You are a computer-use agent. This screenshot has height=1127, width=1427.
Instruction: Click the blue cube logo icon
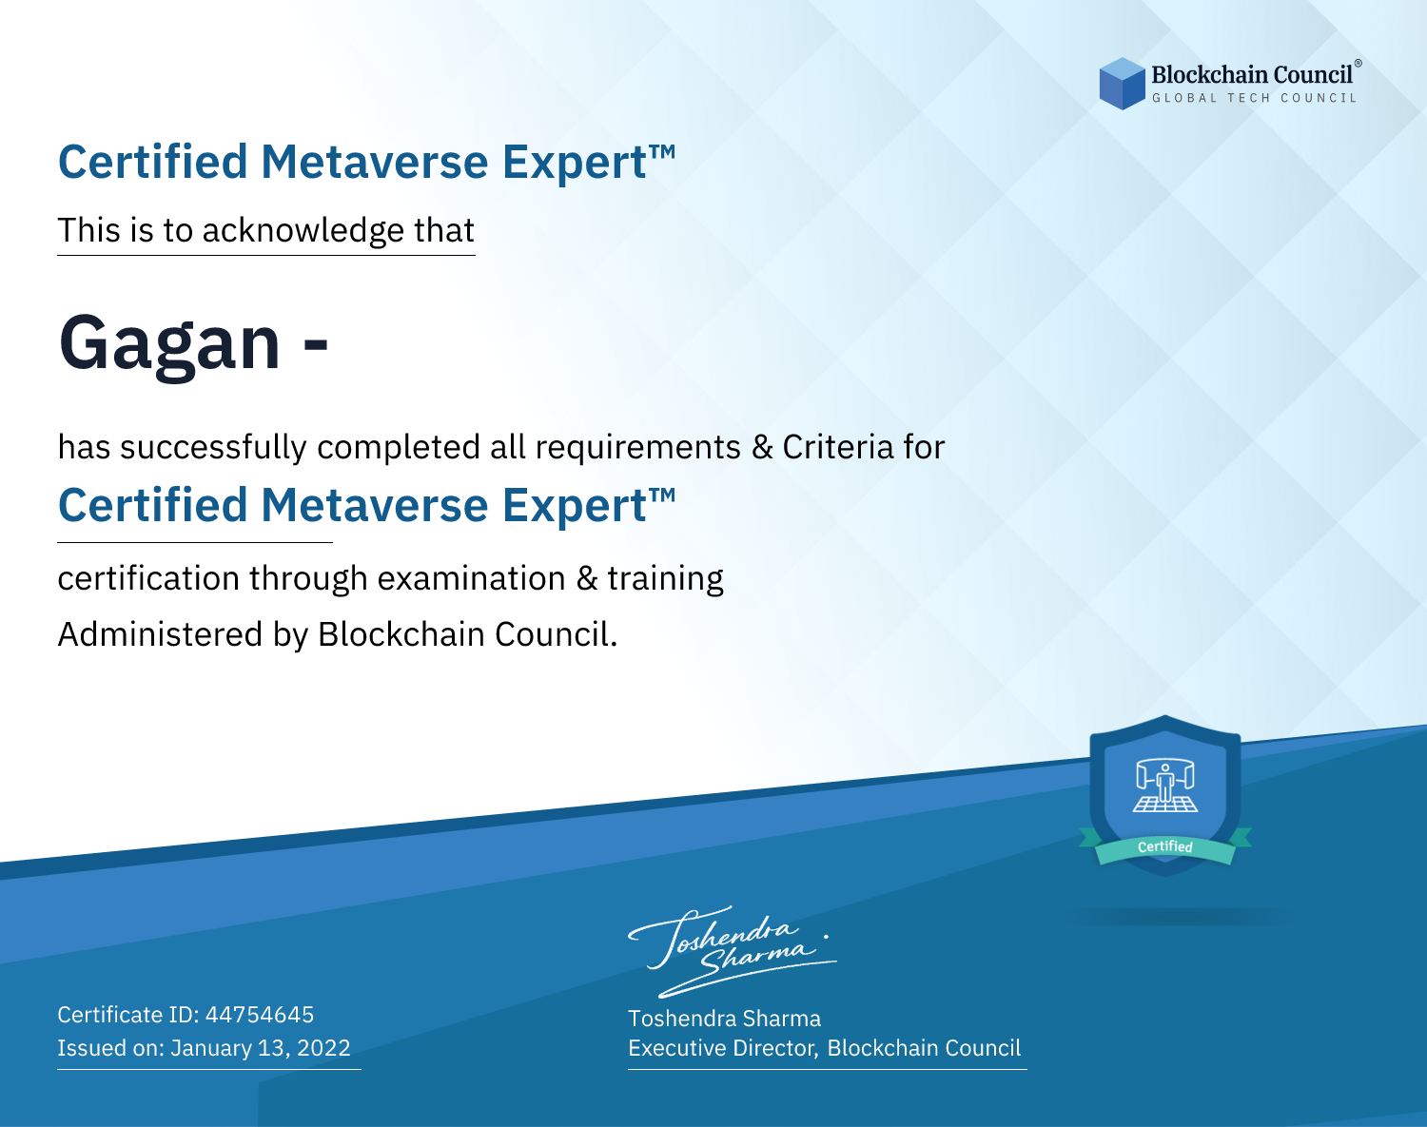(1122, 84)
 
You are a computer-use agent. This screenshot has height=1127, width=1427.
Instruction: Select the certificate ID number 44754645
(260, 1014)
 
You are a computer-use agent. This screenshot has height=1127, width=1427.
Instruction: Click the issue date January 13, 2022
(261, 1047)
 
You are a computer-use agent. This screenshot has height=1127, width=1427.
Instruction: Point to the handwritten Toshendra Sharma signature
(733, 952)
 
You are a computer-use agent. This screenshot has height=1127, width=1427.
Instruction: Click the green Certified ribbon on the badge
(1165, 846)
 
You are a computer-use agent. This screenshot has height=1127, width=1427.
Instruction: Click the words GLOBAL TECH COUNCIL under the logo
(1255, 98)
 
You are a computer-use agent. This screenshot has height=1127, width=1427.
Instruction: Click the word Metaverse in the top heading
(375, 162)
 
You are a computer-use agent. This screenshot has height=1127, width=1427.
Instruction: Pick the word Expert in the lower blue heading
(575, 507)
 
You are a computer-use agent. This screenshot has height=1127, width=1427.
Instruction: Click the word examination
(472, 578)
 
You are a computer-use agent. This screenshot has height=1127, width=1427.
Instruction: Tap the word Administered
(160, 633)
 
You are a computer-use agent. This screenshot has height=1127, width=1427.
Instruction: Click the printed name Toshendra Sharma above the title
(724, 1019)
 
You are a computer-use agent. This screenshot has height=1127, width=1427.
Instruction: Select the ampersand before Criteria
(762, 447)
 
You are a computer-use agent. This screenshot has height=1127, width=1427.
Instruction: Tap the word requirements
(638, 448)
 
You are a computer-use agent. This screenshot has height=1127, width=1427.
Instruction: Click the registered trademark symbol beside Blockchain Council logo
(1358, 63)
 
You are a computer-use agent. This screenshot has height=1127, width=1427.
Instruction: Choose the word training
(665, 579)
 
